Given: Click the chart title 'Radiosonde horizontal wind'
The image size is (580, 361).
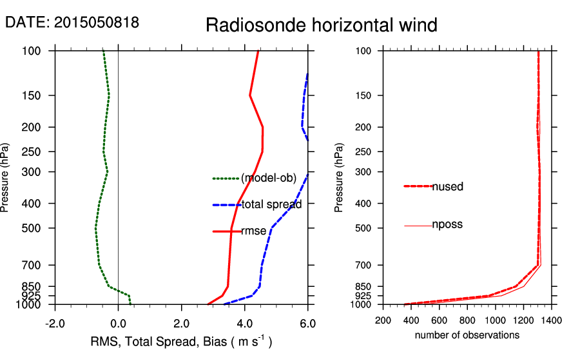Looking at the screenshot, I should pos(322,25).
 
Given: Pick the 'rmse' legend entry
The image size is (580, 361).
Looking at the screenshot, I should pos(253,231).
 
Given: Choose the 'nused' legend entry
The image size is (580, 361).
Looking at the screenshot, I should pos(448,187).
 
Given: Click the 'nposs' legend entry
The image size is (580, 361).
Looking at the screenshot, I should pos(447,225).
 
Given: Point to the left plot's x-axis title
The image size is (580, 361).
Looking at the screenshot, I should pos(181,342).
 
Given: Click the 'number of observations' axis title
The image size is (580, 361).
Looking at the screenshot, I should pos(467,335).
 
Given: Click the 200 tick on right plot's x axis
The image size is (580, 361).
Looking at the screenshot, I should pos(383,319).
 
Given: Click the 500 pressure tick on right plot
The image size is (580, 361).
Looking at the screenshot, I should pos(364,228).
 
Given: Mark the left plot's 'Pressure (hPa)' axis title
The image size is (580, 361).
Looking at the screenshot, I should pos(5,177).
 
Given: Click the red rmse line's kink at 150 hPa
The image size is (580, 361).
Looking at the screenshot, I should pos(249,95).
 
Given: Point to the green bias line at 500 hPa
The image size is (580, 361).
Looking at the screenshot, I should pos(95,228).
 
